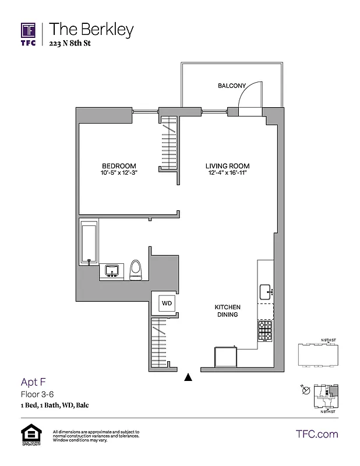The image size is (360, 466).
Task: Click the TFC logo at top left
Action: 29,34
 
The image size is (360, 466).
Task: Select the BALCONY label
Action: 232,86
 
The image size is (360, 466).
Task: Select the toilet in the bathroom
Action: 136,270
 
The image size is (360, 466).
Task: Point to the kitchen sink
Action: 266,291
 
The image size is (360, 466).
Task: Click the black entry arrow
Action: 188,377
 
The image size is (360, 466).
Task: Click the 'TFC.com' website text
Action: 317,434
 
